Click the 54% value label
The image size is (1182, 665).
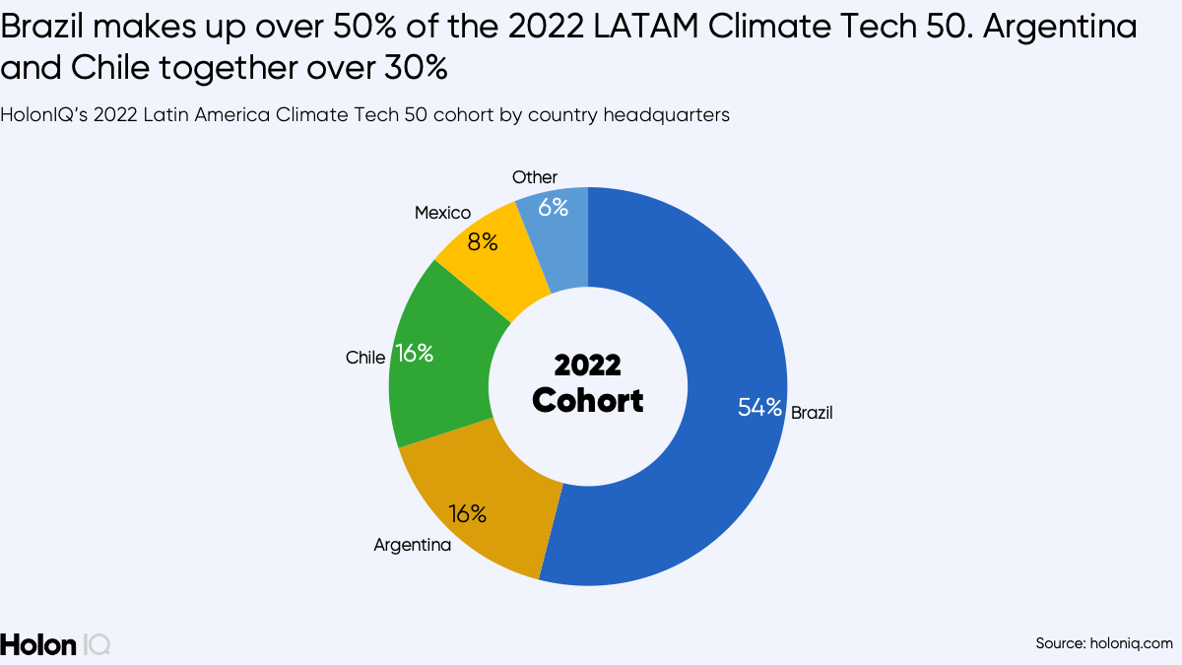click(759, 407)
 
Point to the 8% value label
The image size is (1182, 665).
click(483, 241)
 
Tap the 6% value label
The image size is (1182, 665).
click(553, 208)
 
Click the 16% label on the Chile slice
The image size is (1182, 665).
click(414, 354)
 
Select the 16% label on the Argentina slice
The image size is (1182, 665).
click(468, 513)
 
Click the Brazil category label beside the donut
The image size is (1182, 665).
click(812, 413)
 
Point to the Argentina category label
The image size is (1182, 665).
click(413, 545)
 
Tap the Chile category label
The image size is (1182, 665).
click(365, 358)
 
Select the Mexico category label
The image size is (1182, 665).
click(442, 213)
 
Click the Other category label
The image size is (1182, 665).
click(535, 177)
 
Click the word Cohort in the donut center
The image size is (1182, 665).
click(588, 401)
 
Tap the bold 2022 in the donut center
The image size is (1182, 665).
click(588, 366)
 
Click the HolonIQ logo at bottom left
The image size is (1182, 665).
click(55, 644)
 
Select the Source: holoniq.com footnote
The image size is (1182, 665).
click(1104, 643)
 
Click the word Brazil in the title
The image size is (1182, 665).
click(41, 29)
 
